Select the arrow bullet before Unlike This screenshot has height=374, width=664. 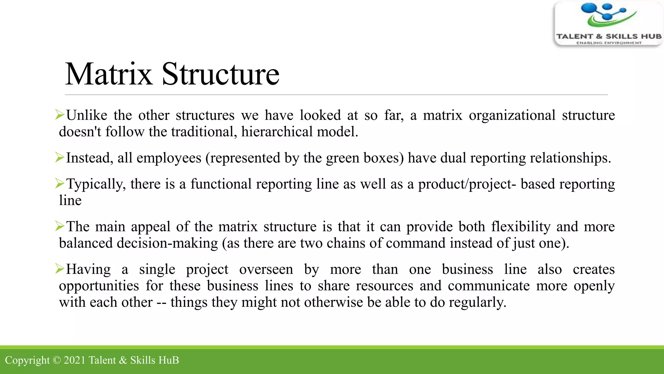tap(60, 115)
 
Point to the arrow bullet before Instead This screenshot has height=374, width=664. tap(60, 157)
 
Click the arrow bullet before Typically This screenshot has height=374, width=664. tap(60, 183)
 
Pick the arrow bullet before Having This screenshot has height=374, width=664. tap(60, 268)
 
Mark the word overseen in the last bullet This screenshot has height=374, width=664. tap(266, 269)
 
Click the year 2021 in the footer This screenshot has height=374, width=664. tap(74, 360)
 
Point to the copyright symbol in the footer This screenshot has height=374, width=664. tap(56, 360)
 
